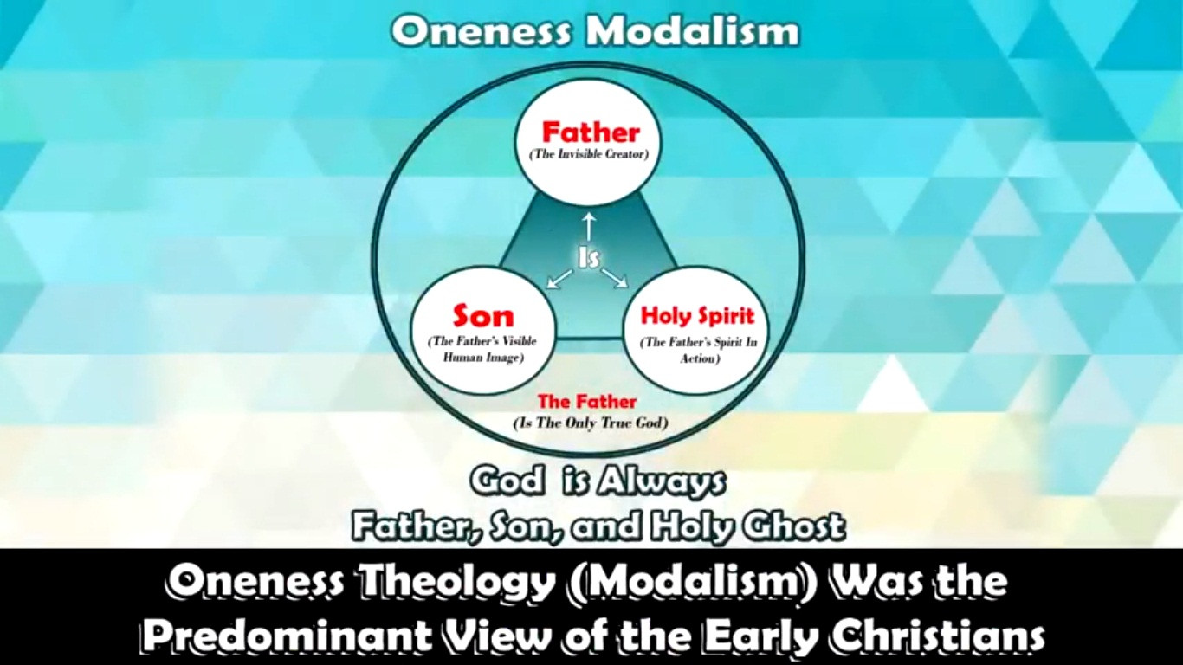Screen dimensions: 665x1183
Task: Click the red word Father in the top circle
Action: pyautogui.click(x=590, y=132)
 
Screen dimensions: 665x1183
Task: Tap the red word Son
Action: pyautogui.click(x=483, y=316)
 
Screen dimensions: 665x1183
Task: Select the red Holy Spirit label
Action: pyautogui.click(x=697, y=315)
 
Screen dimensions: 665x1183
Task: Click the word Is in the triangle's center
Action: pyautogui.click(x=589, y=257)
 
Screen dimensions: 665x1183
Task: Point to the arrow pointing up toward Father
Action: pyautogui.click(x=589, y=226)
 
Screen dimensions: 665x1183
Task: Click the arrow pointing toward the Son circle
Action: pyautogui.click(x=559, y=278)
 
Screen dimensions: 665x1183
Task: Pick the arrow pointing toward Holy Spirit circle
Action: pyautogui.click(x=615, y=278)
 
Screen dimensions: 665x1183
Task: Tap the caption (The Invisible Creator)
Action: pyautogui.click(x=590, y=154)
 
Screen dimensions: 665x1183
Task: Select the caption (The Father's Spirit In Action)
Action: pyautogui.click(x=698, y=350)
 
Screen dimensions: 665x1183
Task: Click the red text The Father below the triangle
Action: pyautogui.click(x=586, y=402)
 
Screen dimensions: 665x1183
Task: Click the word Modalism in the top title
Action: pyautogui.click(x=692, y=33)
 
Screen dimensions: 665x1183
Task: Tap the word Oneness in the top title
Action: pyautogui.click(x=482, y=33)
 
